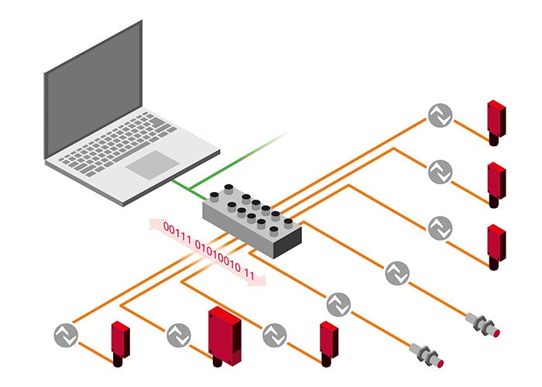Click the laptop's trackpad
[153, 164]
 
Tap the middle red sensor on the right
[495, 183]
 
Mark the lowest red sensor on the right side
[495, 245]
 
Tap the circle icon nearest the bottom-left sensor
[66, 335]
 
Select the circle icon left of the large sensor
[178, 335]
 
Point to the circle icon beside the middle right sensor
[440, 170]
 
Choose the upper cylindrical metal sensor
[483, 322]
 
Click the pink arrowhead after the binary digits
[259, 279]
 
